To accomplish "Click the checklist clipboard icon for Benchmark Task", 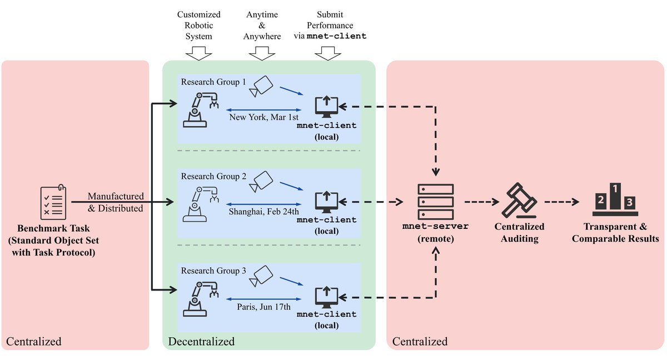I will [x=54, y=202].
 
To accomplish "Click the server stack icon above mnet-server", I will [x=436, y=202].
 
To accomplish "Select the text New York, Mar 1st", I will [x=264, y=117].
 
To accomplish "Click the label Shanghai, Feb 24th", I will [x=264, y=211].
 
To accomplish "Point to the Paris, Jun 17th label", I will [x=264, y=306].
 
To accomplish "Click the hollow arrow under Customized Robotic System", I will [x=198, y=53].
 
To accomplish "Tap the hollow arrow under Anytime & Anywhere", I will [x=262, y=53].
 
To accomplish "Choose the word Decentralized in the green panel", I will [x=201, y=341].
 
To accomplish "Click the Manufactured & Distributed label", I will [x=116, y=202].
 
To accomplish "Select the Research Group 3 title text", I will [x=213, y=271].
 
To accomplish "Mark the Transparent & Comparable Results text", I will [x=615, y=233].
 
